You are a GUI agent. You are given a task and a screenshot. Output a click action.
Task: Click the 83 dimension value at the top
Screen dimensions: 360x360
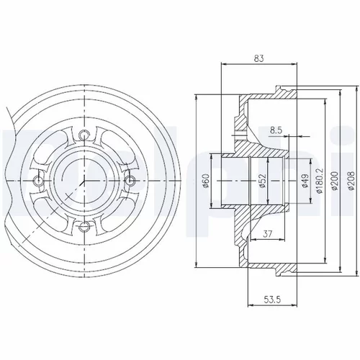[258, 58]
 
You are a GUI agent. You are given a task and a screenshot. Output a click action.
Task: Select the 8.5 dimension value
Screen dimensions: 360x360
[276, 130]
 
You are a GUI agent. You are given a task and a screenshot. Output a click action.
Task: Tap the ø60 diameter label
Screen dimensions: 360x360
[207, 181]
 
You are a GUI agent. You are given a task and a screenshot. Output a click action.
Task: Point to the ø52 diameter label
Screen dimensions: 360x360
[263, 181]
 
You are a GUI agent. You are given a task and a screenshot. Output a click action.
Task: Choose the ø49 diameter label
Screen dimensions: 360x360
[305, 181]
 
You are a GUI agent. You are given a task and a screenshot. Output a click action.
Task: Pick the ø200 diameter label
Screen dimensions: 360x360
[336, 181]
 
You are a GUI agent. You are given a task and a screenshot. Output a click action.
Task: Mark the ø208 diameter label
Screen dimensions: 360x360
[351, 181]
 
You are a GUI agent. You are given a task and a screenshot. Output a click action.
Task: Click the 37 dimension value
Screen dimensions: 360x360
[267, 234]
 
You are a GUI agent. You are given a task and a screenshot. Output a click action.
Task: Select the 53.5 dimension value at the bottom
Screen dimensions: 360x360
[272, 300]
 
